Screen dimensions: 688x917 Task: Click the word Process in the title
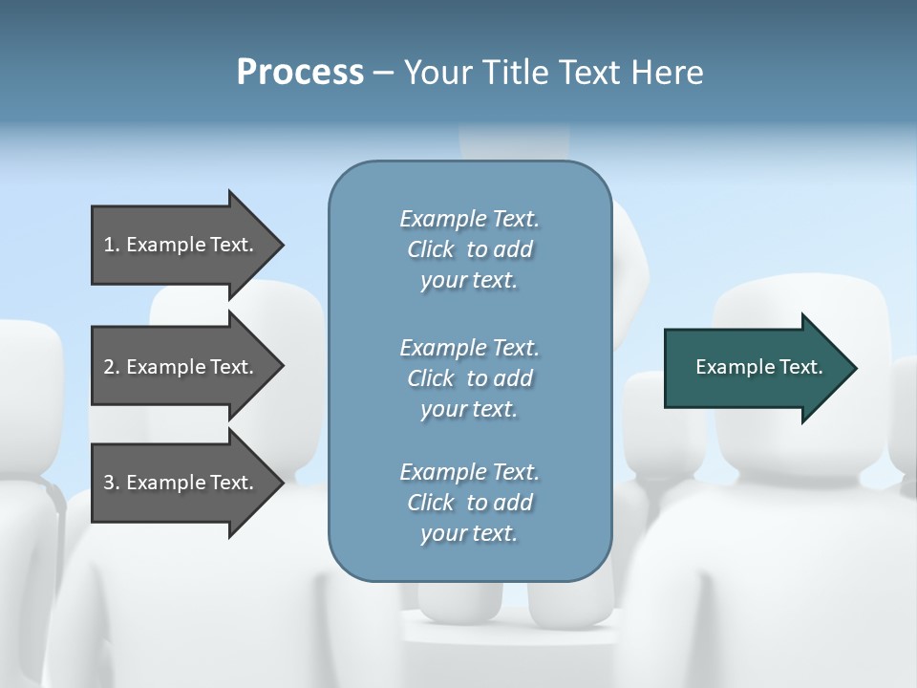[300, 73]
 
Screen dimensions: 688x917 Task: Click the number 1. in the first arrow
[112, 245]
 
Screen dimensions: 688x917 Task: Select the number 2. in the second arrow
[112, 367]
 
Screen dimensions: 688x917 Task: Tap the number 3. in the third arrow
[112, 483]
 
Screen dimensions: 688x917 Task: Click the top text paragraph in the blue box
[469, 249]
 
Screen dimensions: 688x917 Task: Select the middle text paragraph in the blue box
[469, 378]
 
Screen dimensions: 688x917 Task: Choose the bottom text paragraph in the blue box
[469, 503]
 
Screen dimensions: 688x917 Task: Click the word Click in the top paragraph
[431, 249]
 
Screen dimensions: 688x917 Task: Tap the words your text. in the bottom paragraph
[469, 533]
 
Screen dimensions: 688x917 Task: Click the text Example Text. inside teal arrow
[759, 367]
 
